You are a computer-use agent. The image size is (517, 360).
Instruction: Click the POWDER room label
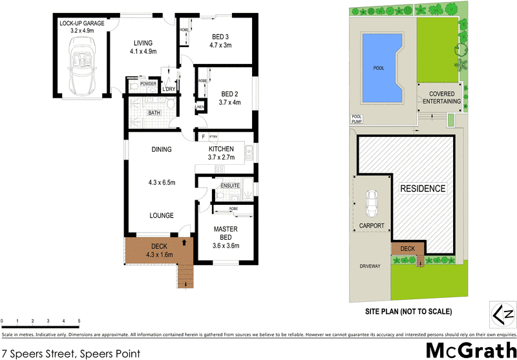coord(148,83)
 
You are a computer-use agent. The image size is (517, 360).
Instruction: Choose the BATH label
coord(154,112)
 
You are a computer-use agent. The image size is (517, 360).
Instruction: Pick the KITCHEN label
coord(221,149)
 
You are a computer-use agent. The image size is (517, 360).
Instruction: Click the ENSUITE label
coord(230,186)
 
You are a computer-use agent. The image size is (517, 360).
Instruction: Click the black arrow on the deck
coord(187,243)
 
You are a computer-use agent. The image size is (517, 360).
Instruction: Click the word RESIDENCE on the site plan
coord(423,189)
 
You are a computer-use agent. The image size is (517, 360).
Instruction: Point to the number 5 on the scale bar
coord(79,321)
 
